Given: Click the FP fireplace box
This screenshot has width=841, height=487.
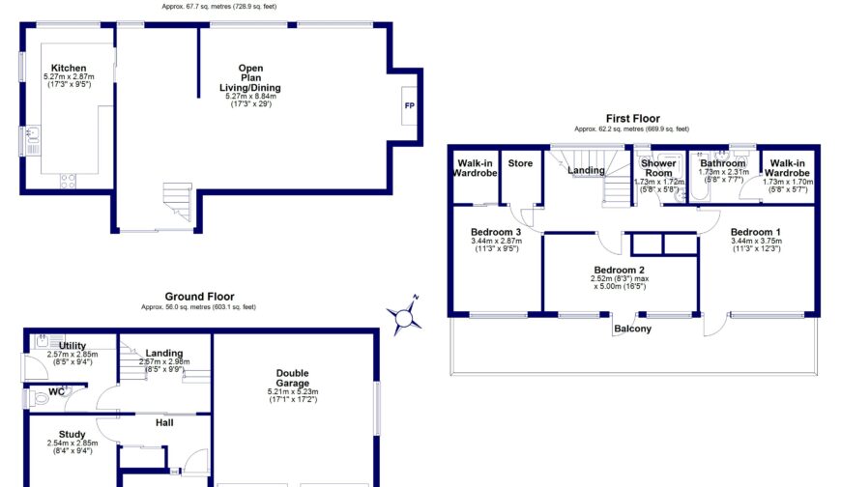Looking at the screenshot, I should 409,105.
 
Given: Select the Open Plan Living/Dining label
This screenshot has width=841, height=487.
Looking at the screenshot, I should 250,78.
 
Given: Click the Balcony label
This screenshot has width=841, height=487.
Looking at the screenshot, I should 632,329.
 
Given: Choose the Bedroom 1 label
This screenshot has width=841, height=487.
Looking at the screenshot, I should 755,233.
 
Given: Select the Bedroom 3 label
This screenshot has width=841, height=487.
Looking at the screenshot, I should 496,233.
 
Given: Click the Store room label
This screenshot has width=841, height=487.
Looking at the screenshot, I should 520,163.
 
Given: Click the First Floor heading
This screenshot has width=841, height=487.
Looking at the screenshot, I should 632,118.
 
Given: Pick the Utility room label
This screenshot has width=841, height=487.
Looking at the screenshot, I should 72,346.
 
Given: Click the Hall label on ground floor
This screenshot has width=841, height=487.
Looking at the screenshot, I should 165,421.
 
